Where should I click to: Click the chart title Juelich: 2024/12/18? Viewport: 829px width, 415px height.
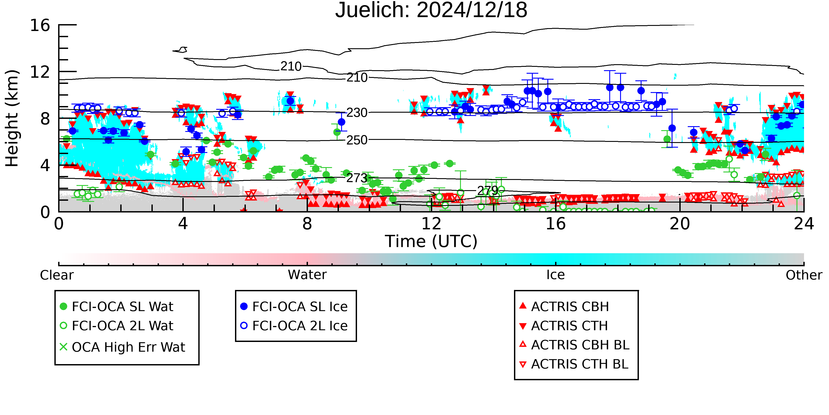pos(431,10)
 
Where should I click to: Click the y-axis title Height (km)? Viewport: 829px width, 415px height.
pos(12,118)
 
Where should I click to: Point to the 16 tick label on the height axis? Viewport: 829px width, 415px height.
pos(40,25)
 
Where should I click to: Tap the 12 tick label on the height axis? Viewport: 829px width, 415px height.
pos(40,72)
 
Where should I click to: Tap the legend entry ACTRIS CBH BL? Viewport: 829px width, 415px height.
pos(575,345)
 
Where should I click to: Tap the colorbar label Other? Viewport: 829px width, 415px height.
pos(804,275)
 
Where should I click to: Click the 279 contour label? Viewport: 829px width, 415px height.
pos(487,191)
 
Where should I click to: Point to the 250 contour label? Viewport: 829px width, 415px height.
pos(357,140)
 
